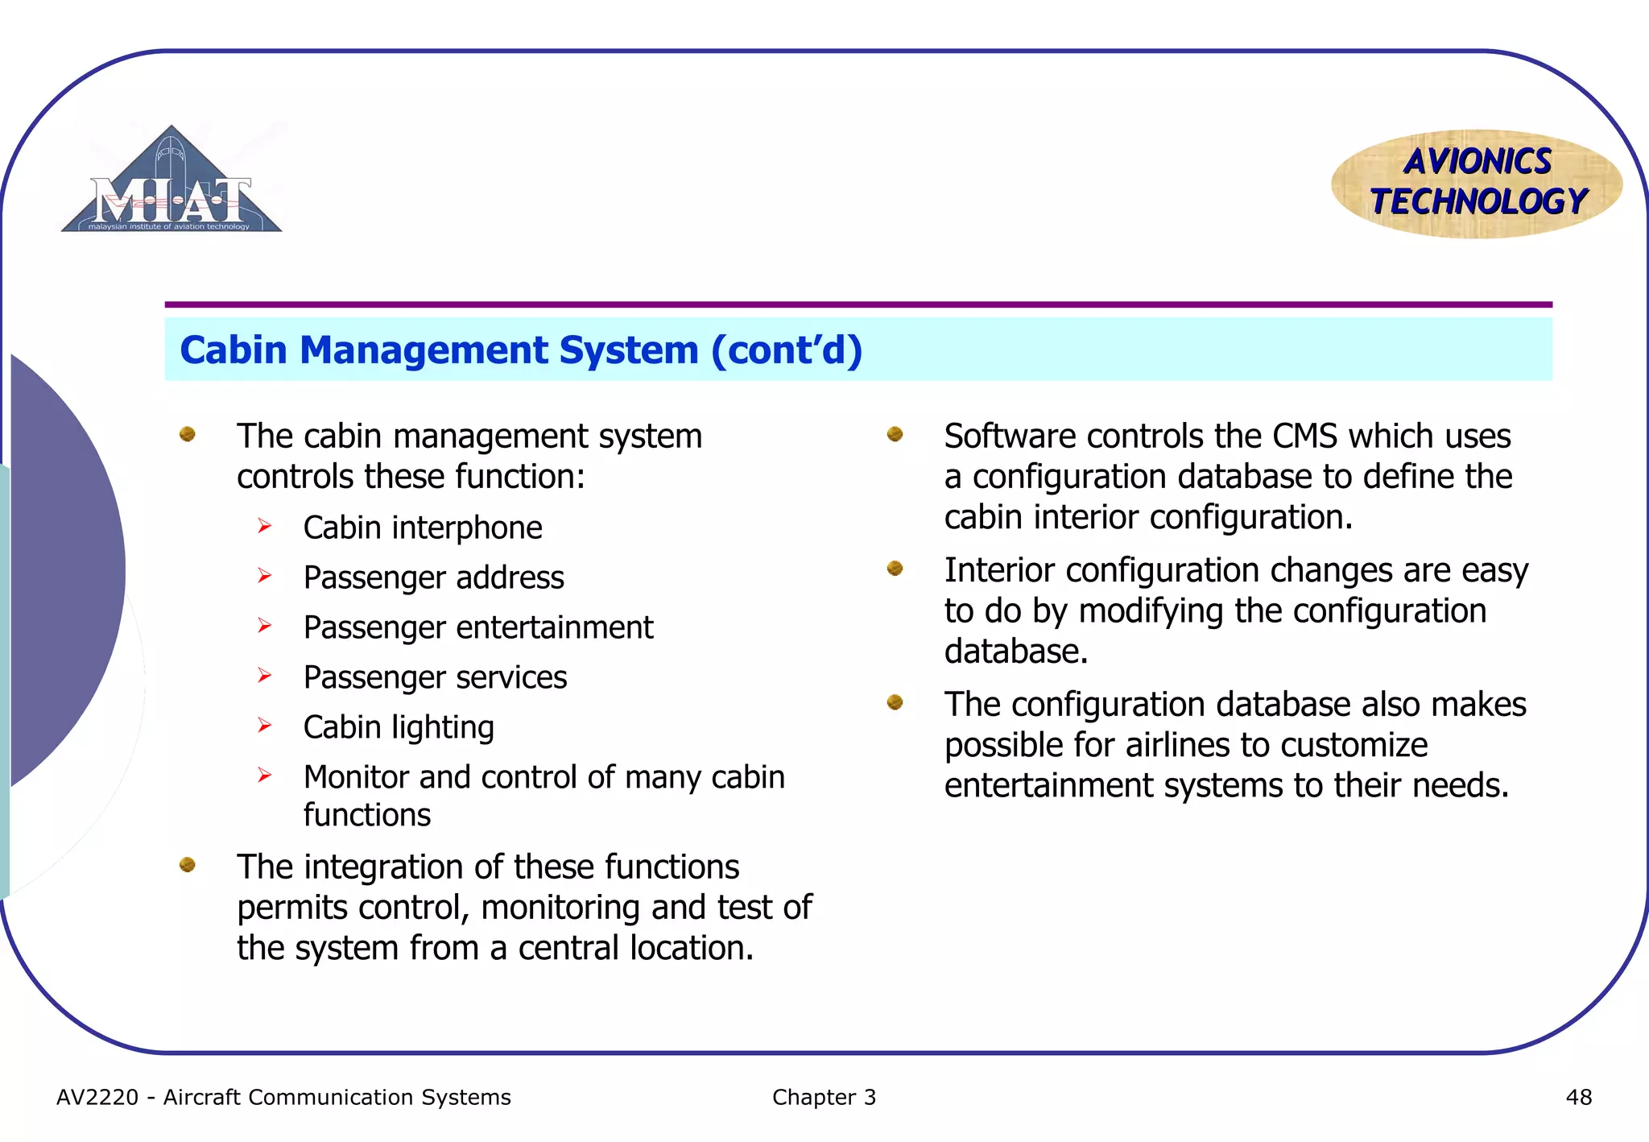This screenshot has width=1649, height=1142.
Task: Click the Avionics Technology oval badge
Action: click(x=1477, y=183)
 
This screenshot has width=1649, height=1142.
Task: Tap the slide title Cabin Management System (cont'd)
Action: click(x=521, y=350)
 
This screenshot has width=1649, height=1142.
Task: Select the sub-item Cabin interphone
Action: click(x=423, y=528)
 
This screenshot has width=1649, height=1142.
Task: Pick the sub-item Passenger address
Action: click(x=433, y=577)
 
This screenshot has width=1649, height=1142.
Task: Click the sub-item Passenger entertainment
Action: click(x=478, y=627)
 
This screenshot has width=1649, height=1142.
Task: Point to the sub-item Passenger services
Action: click(x=435, y=677)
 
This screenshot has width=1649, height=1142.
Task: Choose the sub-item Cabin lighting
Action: click(x=399, y=727)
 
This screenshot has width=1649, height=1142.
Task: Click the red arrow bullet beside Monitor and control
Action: click(x=264, y=776)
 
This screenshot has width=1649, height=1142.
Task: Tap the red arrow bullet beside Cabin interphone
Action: click(x=264, y=527)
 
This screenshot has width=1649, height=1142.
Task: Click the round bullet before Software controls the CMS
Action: click(x=895, y=435)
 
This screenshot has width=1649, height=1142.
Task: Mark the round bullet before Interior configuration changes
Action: click(x=895, y=569)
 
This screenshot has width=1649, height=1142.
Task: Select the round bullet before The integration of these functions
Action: click(x=188, y=865)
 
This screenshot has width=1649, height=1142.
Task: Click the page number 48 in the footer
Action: click(x=1578, y=1097)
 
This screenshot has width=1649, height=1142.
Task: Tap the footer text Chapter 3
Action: click(x=824, y=1097)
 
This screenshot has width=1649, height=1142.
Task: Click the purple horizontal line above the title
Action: click(x=858, y=304)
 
